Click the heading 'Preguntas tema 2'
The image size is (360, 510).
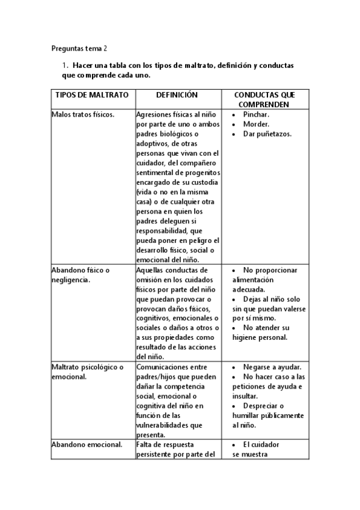pyautogui.click(x=79, y=48)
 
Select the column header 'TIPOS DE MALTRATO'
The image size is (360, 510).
pyautogui.click(x=92, y=95)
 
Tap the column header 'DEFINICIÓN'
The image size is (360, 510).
pyautogui.click(x=177, y=95)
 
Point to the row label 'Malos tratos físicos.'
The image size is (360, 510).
pyautogui.click(x=83, y=114)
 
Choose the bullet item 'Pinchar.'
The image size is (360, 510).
pyautogui.click(x=256, y=114)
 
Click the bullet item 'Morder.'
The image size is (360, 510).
pyautogui.click(x=256, y=124)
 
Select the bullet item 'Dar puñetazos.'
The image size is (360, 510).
pyautogui.click(x=267, y=134)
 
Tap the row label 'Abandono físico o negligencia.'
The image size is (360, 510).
pyautogui.click(x=81, y=275)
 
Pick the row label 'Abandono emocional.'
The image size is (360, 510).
pyautogui.click(x=87, y=444)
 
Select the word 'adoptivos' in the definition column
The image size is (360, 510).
pyautogui.click(x=153, y=144)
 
